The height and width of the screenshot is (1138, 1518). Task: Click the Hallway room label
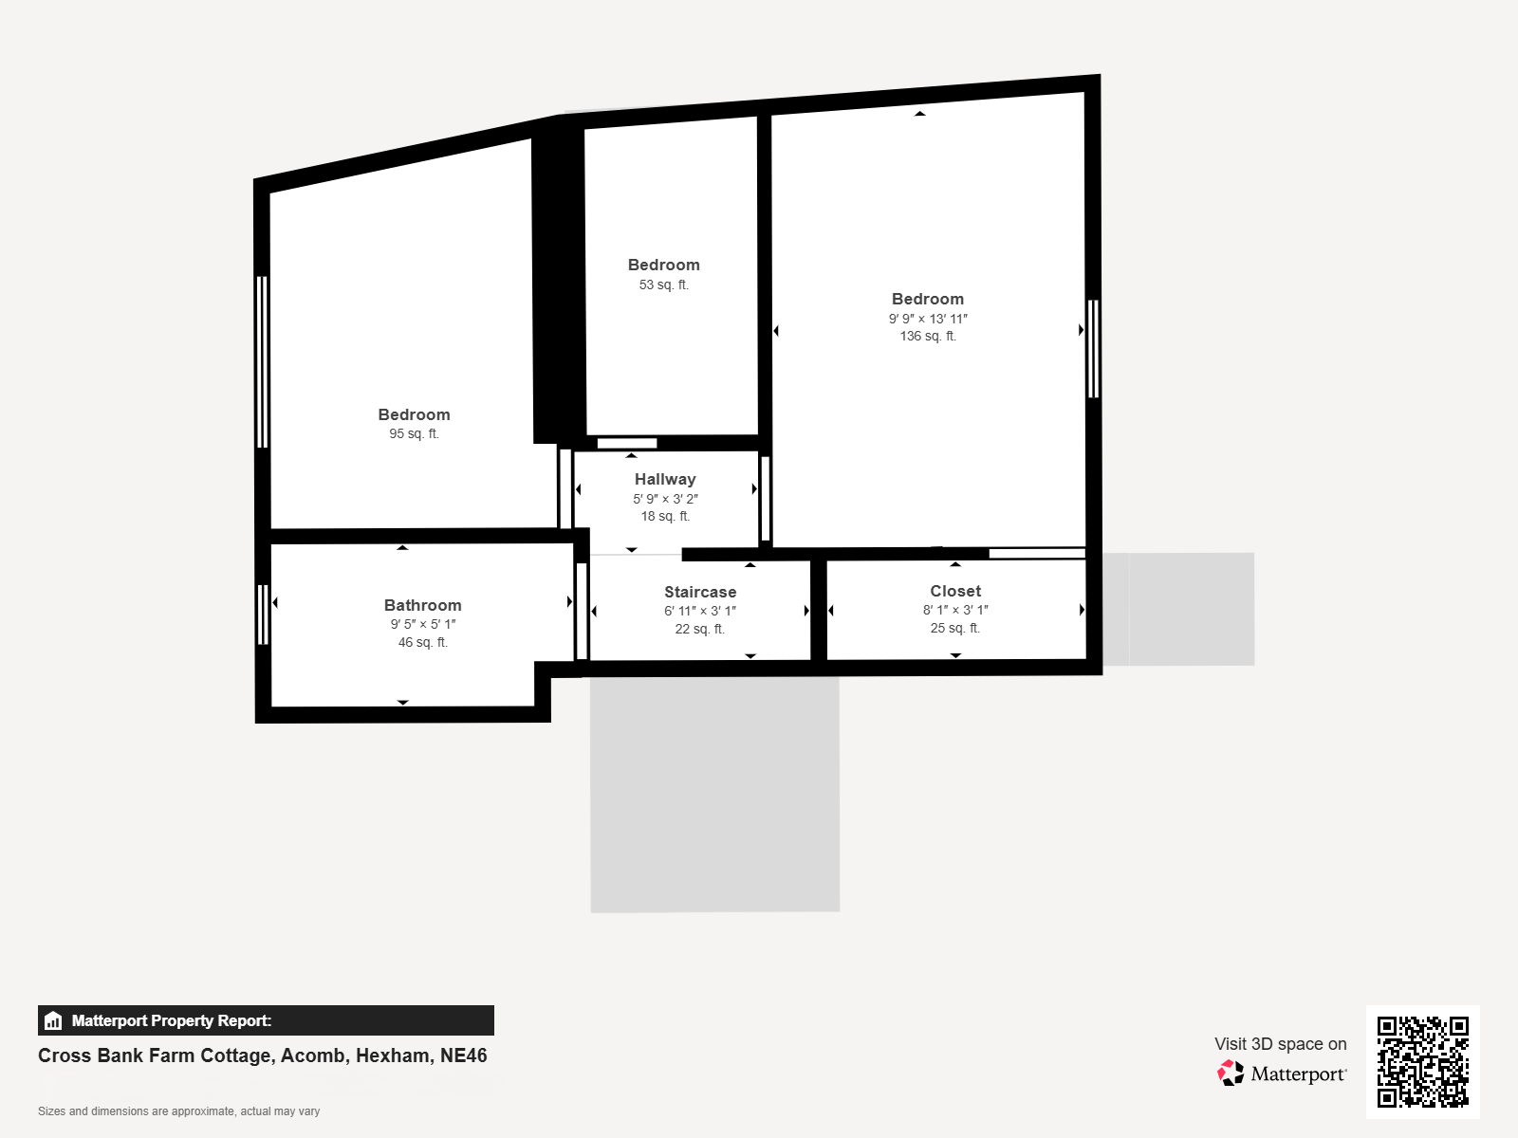(665, 479)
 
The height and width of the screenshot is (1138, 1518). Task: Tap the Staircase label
(700, 592)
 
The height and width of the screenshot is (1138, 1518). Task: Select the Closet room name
(955, 591)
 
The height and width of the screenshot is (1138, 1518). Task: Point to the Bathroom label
(422, 605)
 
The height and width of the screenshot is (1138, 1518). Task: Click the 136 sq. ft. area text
(927, 336)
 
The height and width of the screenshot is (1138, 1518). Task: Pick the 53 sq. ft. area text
(663, 284)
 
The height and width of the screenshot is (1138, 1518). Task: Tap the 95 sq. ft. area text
(414, 434)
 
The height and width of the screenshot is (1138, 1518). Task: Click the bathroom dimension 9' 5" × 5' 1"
(422, 624)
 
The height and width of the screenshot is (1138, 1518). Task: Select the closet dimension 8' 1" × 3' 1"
(955, 610)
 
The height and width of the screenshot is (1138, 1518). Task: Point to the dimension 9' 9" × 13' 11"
(927, 319)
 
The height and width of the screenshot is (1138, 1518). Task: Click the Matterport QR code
(1422, 1061)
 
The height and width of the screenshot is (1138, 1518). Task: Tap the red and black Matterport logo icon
(1231, 1074)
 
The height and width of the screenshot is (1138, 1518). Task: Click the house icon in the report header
(53, 1020)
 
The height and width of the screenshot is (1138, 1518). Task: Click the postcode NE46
(463, 1055)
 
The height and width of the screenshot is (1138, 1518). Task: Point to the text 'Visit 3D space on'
(1280, 1044)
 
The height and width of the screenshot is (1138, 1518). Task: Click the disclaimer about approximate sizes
(178, 1111)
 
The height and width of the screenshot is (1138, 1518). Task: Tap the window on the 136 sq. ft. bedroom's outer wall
(1093, 349)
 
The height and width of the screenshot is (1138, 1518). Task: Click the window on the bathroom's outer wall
(262, 615)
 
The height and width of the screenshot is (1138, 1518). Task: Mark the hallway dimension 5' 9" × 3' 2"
(665, 499)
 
